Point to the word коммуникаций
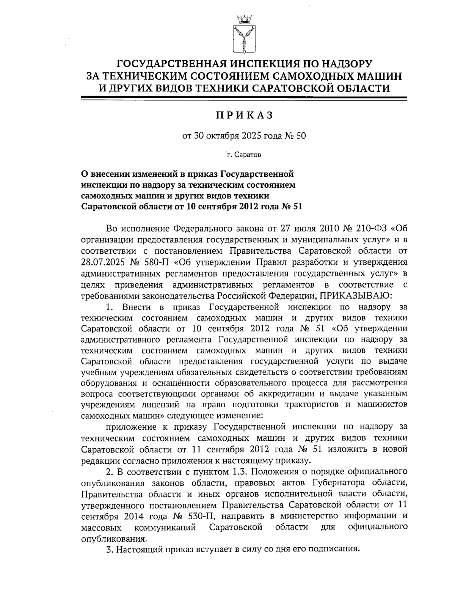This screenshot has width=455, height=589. pyautogui.click(x=165, y=527)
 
